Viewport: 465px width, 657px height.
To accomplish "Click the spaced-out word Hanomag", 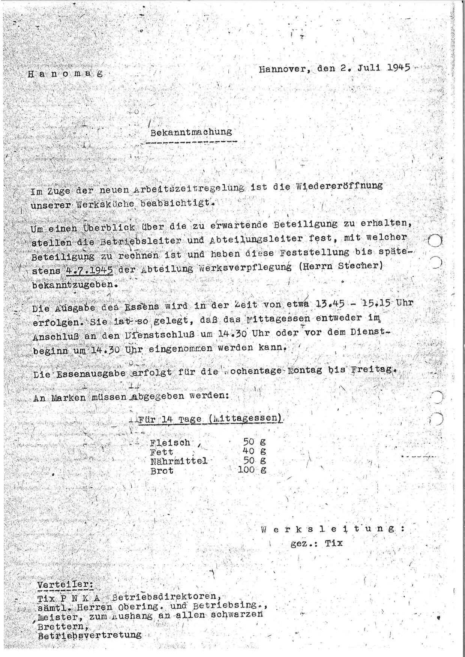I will tap(65, 73).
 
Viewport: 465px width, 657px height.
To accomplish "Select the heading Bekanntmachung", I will tap(191, 132).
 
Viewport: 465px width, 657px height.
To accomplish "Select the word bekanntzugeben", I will tap(72, 284).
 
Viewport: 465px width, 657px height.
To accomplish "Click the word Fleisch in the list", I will tap(170, 443).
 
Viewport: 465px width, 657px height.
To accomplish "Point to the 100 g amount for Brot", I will tap(252, 470).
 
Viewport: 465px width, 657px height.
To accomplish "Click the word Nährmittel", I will tap(178, 461).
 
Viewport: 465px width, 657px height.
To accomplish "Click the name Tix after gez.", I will tap(334, 543).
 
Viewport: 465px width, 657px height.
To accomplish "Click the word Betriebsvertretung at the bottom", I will tap(90, 635).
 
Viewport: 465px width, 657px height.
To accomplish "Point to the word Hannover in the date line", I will tap(285, 69).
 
